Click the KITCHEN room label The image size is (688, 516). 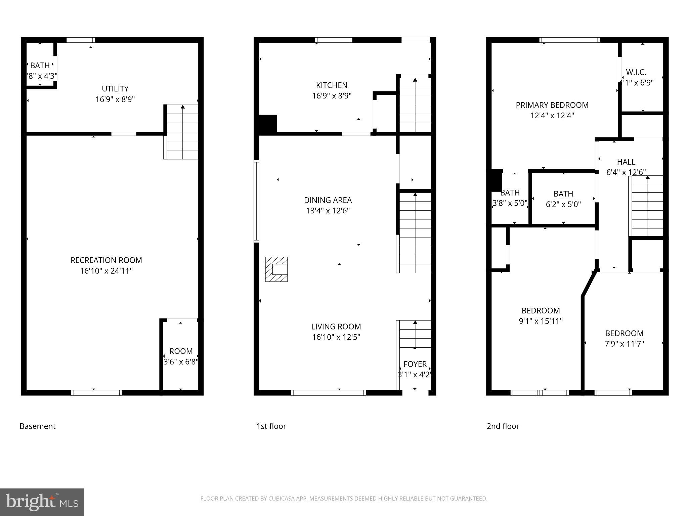[x=332, y=85]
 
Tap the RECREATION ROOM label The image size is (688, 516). [x=106, y=260]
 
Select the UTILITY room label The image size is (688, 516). [x=115, y=89]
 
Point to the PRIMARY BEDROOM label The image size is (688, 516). [x=552, y=105]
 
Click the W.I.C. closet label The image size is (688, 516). [x=636, y=72]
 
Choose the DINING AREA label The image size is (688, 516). [x=328, y=200]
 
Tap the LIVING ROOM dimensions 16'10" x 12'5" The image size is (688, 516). [x=336, y=337]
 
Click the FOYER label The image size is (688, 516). [x=415, y=364]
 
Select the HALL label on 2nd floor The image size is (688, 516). [x=626, y=162]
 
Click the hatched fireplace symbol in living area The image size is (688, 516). [x=276, y=269]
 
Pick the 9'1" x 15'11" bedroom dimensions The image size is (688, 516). [x=541, y=321]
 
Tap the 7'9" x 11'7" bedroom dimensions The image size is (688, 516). [x=624, y=344]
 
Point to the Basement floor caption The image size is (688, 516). [x=38, y=426]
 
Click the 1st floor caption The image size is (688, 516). [x=271, y=426]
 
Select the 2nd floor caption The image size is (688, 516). [x=503, y=426]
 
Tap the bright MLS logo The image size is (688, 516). [x=42, y=502]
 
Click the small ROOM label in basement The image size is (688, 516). [x=181, y=351]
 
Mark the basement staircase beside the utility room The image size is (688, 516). [x=182, y=132]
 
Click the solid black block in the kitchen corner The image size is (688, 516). [x=268, y=124]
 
